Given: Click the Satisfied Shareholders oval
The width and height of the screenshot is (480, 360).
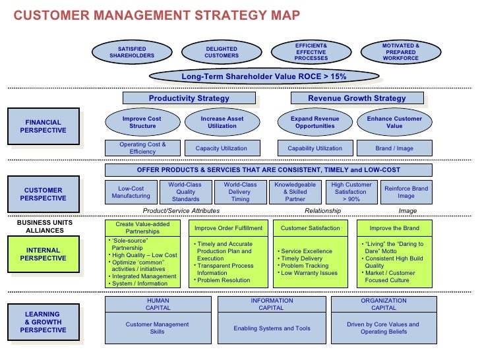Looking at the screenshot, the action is [x=132, y=52].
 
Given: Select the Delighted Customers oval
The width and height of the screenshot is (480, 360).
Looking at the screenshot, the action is [x=222, y=52].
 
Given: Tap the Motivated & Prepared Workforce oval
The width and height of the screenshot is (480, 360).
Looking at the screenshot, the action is [x=400, y=52].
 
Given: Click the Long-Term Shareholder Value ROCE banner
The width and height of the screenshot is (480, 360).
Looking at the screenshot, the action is [x=264, y=76].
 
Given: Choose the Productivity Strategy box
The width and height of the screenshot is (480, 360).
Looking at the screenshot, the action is [x=189, y=98].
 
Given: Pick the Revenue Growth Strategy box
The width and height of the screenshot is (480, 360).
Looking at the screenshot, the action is [x=357, y=98].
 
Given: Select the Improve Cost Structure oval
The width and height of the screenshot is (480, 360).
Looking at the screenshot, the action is [x=142, y=123].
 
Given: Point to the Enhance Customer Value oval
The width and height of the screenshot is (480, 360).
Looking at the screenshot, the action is [x=394, y=123].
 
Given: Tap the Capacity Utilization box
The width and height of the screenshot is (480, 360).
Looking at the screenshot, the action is [x=222, y=148].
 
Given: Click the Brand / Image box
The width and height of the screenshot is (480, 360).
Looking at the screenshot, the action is [x=394, y=148].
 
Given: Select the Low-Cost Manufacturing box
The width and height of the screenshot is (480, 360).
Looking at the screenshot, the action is [x=131, y=192].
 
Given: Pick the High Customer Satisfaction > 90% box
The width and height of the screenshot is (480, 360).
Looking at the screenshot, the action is [x=351, y=192].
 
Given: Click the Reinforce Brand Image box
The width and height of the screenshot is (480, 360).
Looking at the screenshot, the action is [x=406, y=192].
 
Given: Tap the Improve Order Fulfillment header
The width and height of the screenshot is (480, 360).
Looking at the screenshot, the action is [x=228, y=228].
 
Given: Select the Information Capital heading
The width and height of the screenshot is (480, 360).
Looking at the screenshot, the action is [x=271, y=304].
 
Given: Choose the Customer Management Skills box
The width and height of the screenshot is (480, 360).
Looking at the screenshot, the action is [x=157, y=328].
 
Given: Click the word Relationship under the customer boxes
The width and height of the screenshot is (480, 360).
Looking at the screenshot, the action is [x=323, y=211].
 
